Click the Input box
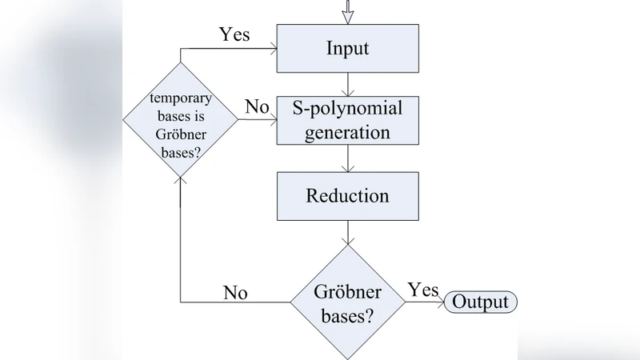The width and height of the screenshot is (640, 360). pos(347,48)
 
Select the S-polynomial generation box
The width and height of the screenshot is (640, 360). pos(347,120)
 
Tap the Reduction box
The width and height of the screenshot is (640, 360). pos(347,195)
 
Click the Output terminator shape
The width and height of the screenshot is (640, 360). pos(481,302)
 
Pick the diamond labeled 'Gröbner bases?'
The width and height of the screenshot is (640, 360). pos(347,302)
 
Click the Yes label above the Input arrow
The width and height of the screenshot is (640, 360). pos(234,34)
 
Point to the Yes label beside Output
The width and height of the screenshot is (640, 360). pos(423,289)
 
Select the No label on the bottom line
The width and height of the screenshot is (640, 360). pos(234,292)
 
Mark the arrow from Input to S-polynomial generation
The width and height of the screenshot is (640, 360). pos(347,86)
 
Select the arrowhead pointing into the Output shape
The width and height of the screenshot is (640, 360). pos(441,302)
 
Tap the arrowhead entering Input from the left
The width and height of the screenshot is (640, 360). pos(272,48)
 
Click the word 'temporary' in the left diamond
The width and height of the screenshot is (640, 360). pos(180,99)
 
